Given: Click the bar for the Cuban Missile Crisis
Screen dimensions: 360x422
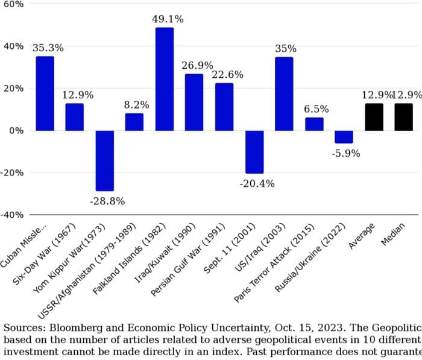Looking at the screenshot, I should (x=45, y=93).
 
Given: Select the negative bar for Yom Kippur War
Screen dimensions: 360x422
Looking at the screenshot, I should (x=104, y=160).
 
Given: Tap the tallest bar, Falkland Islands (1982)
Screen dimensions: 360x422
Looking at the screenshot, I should (x=164, y=79).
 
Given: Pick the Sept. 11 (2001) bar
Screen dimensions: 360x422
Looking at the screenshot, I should (x=254, y=151).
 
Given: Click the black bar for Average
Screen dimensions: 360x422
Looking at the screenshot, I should (x=374, y=117).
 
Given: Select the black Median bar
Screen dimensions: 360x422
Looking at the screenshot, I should (x=403, y=117).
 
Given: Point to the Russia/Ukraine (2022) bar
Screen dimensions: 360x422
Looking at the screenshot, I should (x=344, y=137).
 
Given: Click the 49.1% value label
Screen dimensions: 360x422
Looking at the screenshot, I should (x=164, y=19).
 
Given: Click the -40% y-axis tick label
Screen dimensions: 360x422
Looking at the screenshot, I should (x=12, y=215).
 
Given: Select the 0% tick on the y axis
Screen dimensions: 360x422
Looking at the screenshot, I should (x=16, y=130).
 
